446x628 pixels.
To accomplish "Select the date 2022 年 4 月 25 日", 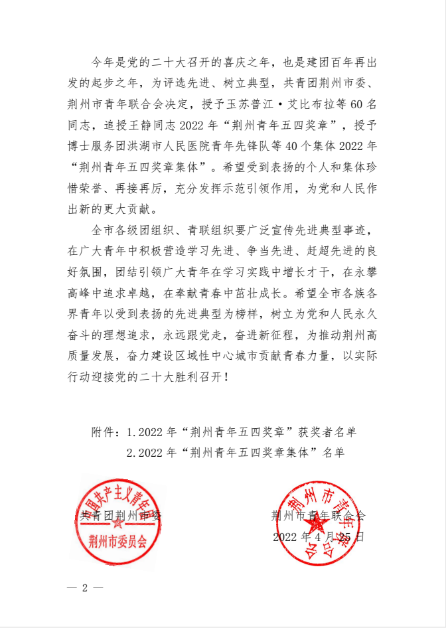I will click(318, 536).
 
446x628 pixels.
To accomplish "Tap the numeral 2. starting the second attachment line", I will click(131, 453).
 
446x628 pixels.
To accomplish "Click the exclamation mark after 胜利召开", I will click(229, 376).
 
